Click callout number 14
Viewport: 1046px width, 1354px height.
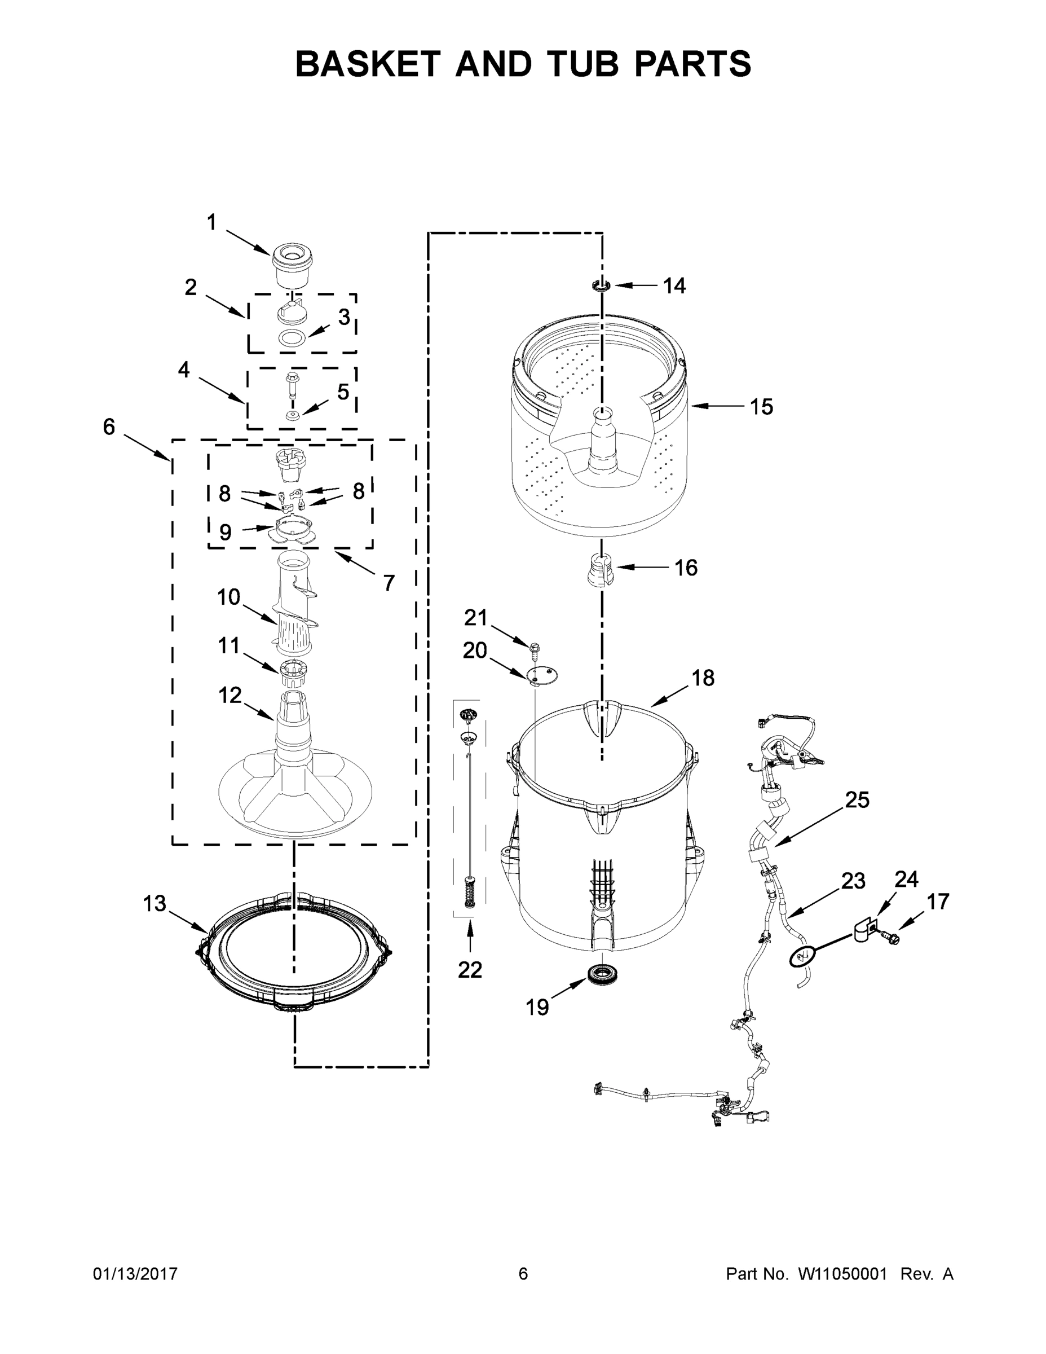674,286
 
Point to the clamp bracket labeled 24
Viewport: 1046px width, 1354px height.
864,930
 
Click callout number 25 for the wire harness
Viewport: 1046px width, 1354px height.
857,801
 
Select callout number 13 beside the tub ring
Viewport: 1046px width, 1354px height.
155,903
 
